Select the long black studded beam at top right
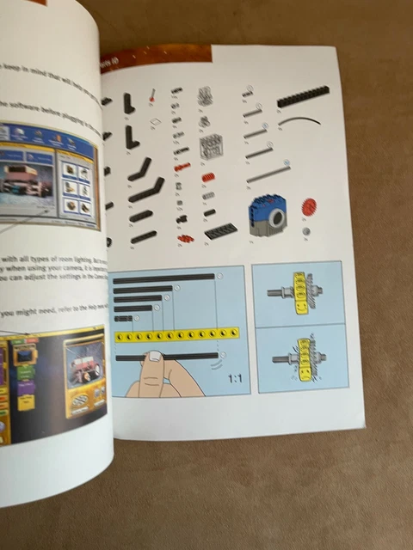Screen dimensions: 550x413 (303, 96)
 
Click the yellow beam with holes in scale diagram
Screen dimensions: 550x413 (176, 334)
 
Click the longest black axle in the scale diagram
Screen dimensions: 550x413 (163, 278)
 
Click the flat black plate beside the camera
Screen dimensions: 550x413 (220, 230)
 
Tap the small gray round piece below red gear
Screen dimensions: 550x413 (305, 230)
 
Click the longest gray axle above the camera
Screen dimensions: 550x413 (268, 173)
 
